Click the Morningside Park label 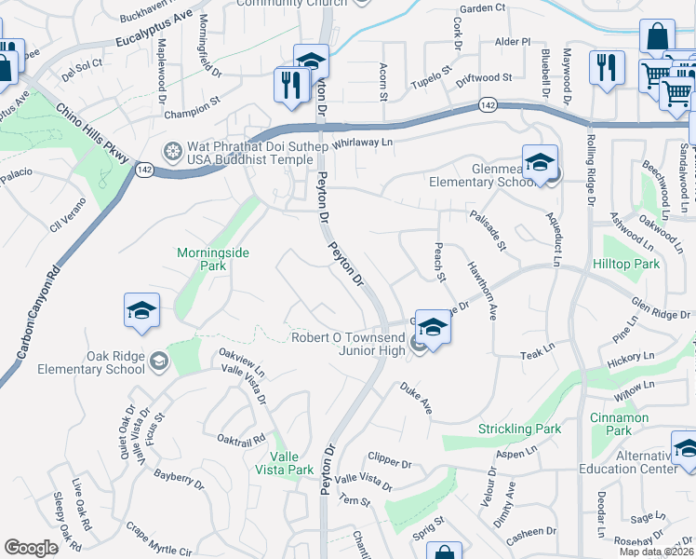point(202,259)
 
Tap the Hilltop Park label point(631,265)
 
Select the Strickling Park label point(519,429)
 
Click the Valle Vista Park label point(291,463)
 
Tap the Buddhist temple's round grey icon point(171,151)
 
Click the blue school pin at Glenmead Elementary point(540,163)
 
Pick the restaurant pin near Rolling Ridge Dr point(607,67)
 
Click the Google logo point(32,548)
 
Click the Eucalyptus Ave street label point(154,31)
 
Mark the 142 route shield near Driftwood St point(487,104)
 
